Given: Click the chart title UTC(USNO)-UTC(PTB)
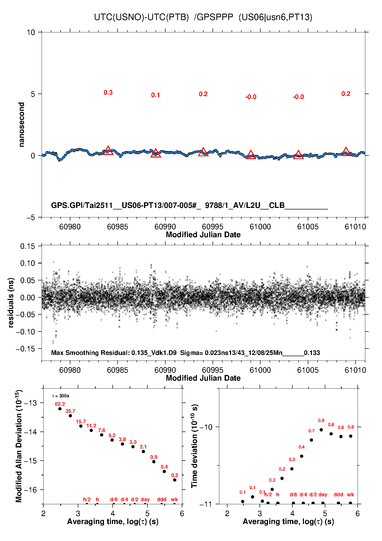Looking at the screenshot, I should [141, 17].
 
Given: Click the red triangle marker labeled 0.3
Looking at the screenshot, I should [108, 151].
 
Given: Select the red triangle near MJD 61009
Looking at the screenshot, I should [346, 152].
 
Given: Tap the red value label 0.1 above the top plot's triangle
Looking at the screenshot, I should [155, 95].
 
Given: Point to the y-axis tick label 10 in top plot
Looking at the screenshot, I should [31, 32].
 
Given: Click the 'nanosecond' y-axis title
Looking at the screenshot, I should [22, 125].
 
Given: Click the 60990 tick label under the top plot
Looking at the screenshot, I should [165, 227].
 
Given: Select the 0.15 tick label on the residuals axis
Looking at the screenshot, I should [27, 246].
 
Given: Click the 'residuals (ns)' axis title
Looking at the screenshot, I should [11, 302].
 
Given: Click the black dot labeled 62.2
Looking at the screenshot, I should [60, 409].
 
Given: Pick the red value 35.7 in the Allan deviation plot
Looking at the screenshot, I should [70, 411].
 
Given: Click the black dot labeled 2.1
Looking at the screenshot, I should [143, 451].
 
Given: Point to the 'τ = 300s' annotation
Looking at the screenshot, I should [61, 396].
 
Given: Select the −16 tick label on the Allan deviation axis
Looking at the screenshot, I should [30, 490].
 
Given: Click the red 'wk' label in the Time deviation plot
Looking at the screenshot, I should [350, 494].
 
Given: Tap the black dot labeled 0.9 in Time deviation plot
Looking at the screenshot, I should [321, 430].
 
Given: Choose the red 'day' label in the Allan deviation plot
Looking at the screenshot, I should [145, 499].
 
